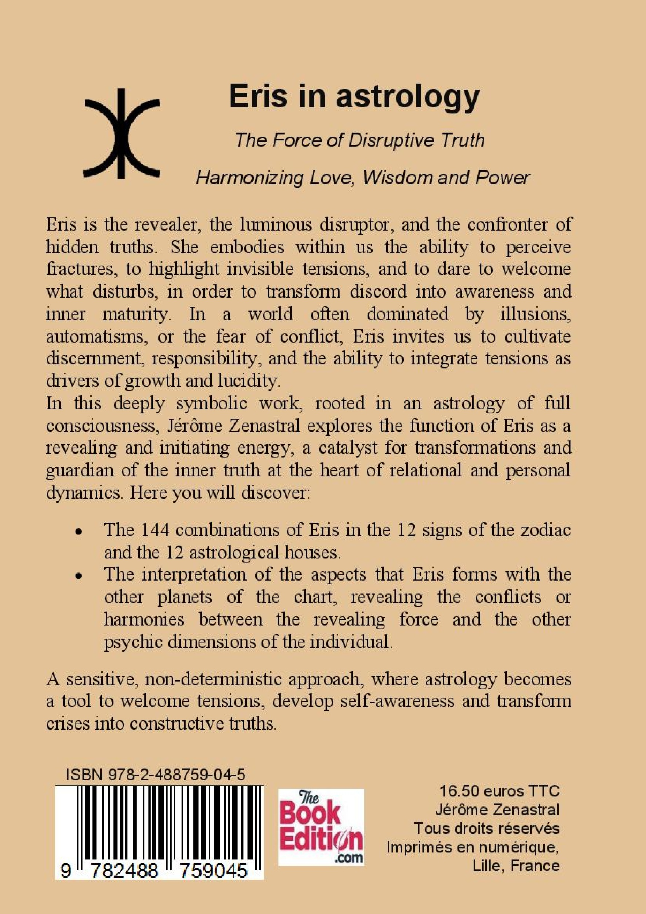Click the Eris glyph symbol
click(122, 134)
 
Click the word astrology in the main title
click(408, 97)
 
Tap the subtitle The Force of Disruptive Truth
click(360, 140)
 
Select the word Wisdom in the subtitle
click(398, 178)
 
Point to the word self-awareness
click(397, 701)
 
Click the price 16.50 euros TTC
click(499, 791)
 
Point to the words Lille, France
click(516, 866)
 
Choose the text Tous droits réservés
click(487, 829)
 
